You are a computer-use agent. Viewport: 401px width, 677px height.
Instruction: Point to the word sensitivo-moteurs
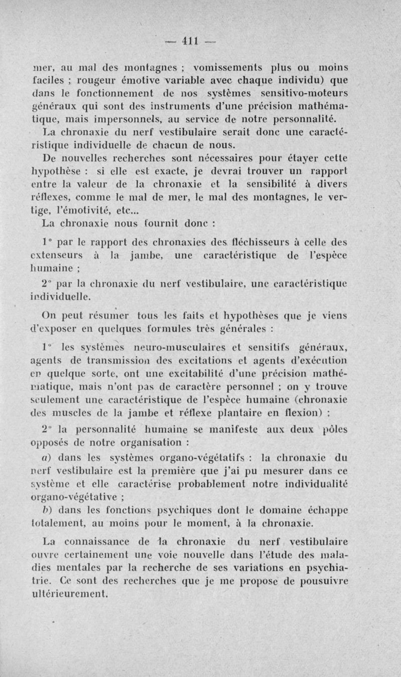click(306, 93)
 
